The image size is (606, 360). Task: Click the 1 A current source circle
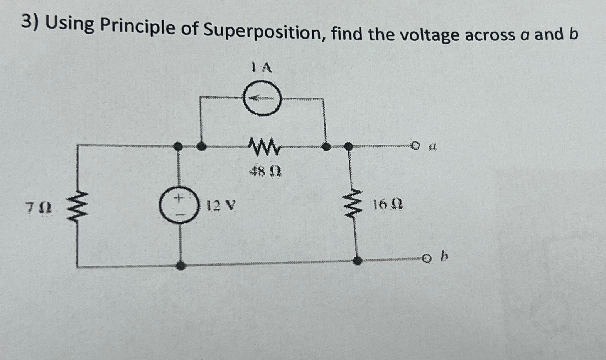pyautogui.click(x=262, y=98)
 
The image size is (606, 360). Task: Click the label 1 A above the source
pyautogui.click(x=262, y=68)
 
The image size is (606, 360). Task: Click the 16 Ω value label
pyautogui.click(x=387, y=204)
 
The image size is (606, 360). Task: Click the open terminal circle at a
pyautogui.click(x=415, y=146)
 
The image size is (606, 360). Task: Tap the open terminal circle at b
pyautogui.click(x=426, y=259)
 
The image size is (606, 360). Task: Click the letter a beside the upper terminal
pyautogui.click(x=433, y=146)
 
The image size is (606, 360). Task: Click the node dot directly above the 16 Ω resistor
pyautogui.click(x=348, y=146)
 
